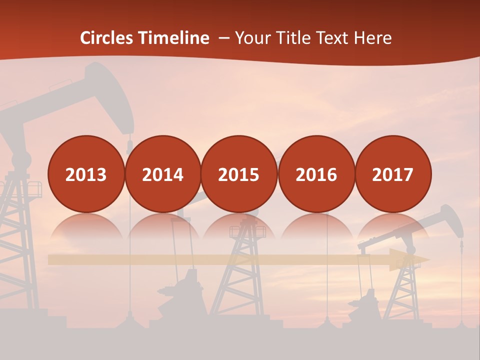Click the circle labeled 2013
[x=86, y=174]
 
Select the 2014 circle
[x=162, y=174]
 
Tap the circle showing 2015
[x=239, y=174]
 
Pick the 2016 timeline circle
[x=316, y=174]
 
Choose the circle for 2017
[x=392, y=174]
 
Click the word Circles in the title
[x=107, y=38]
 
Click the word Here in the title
[x=373, y=38]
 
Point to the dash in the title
[x=224, y=38]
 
